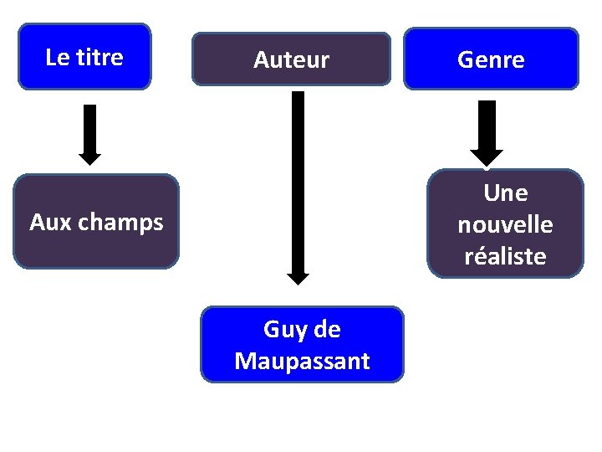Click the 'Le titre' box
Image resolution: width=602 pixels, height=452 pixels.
[x=84, y=56]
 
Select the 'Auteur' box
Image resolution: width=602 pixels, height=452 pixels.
[x=291, y=59]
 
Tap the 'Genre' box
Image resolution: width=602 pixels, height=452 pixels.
[x=491, y=59]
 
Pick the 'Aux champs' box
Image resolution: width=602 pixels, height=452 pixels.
[x=97, y=222]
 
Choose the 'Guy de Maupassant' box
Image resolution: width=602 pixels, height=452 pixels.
[x=302, y=345]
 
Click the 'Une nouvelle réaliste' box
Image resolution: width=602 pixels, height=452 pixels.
[x=505, y=223]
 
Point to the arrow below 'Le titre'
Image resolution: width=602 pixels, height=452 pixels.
[x=89, y=134]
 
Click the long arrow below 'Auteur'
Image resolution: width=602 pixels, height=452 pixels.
[x=298, y=184]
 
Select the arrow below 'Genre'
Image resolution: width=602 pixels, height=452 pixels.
[x=487, y=130]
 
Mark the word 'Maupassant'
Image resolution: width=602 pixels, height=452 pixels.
[x=302, y=362]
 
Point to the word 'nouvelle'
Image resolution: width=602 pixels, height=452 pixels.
[x=505, y=224]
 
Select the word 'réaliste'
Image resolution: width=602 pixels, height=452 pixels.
[x=505, y=256]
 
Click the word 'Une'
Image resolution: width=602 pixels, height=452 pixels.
[x=505, y=193]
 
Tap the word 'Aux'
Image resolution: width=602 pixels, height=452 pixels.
[x=48, y=223]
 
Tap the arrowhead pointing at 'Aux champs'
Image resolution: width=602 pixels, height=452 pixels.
[x=89, y=158]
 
